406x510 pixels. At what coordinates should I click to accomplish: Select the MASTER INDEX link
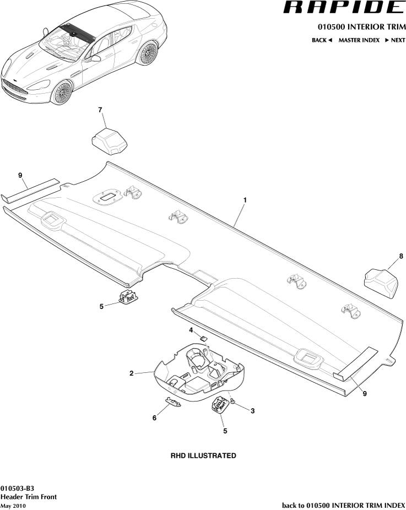(359, 40)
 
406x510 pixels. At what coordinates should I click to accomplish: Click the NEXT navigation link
(395, 40)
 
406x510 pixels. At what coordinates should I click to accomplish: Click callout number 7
(100, 110)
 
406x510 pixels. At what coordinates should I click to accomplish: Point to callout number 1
(245, 199)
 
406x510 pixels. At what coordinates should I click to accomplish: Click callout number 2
(131, 373)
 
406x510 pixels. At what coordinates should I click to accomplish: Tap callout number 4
(191, 330)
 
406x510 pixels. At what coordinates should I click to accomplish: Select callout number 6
(154, 419)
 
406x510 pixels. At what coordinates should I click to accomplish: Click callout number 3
(252, 411)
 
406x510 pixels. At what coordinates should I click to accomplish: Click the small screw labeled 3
(234, 403)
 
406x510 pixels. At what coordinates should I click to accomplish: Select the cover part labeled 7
(109, 140)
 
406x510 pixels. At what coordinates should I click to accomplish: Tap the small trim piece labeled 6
(173, 403)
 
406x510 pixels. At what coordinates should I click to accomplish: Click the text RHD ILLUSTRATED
(203, 455)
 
